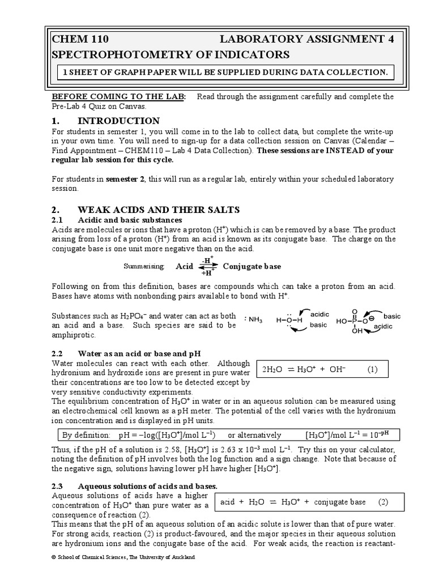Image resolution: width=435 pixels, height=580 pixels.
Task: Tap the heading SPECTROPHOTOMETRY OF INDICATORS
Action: click(x=170, y=55)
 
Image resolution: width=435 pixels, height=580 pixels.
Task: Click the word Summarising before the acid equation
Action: click(x=143, y=266)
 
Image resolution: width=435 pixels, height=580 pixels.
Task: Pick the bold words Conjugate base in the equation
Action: click(x=251, y=266)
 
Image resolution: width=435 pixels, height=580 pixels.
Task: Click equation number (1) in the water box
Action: click(x=371, y=370)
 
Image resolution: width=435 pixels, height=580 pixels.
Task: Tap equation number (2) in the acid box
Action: click(x=383, y=502)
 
